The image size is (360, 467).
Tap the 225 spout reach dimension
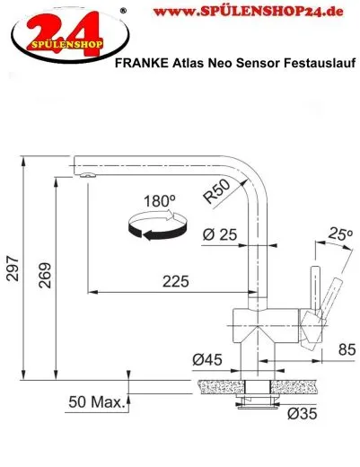(176, 281)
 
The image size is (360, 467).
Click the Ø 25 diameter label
(220, 235)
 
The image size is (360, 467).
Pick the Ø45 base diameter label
(206, 360)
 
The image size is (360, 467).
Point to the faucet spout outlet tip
(84, 177)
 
